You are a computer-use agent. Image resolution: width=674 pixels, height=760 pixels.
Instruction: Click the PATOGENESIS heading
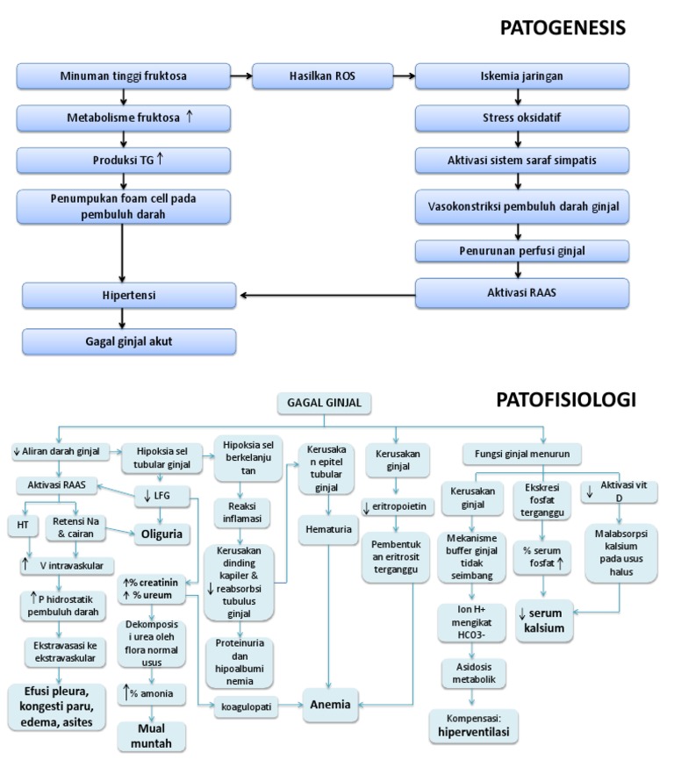tap(563, 29)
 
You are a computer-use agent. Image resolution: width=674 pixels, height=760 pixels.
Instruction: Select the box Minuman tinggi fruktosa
tap(124, 76)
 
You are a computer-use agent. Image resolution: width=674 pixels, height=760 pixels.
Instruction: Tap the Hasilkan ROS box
tap(310, 76)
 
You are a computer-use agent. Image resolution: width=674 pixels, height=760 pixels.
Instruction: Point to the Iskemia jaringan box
tap(521, 76)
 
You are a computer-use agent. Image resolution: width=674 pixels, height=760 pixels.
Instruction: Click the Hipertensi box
tap(129, 295)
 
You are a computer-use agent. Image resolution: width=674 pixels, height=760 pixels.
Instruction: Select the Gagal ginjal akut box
tap(129, 341)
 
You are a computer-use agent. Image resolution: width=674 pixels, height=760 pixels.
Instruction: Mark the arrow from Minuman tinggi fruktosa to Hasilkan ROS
tap(241, 76)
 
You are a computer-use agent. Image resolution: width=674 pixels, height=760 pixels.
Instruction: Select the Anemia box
tap(328, 703)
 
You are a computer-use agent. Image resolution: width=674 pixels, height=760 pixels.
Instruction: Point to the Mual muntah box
tap(155, 735)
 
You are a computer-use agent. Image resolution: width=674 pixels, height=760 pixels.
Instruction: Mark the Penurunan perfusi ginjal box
tap(521, 251)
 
